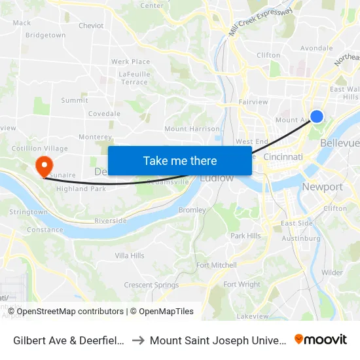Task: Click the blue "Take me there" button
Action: pos(180,160)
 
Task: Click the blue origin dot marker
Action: pos(316,117)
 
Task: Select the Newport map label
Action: pos(322,187)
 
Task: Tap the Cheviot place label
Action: pos(91,26)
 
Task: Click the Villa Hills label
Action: pos(130,255)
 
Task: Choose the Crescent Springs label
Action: pos(151,285)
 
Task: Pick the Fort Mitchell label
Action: pos(217,265)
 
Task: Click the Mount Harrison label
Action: pos(192,129)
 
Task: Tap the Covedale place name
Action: pos(105,114)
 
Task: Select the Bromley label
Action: pos(192,210)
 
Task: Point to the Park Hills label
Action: pos(245,236)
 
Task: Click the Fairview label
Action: pos(253,102)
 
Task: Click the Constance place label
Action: pos(45,230)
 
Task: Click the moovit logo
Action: pos(321,340)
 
